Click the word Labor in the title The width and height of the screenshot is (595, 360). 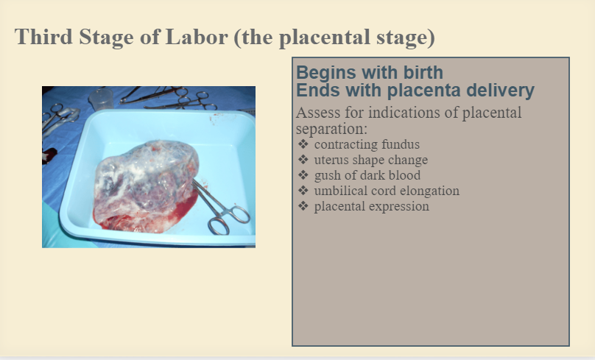197,37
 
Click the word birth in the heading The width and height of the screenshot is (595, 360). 423,72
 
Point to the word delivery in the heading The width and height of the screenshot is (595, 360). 500,91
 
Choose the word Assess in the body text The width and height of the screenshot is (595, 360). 317,113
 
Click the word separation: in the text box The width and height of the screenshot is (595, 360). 331,130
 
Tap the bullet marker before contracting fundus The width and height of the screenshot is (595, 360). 303,144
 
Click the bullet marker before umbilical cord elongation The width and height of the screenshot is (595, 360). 303,191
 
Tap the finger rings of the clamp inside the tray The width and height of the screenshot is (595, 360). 228,220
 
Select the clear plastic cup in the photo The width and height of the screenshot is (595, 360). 101,99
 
